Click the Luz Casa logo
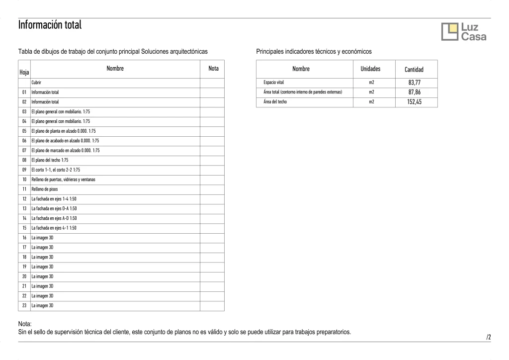(464, 32)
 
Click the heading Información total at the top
(50, 24)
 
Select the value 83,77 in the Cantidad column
(414, 83)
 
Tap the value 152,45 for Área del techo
(414, 102)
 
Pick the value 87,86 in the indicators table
(414, 92)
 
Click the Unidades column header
(370, 69)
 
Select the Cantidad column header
(414, 70)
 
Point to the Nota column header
(213, 69)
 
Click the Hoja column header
(24, 72)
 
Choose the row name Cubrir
(36, 83)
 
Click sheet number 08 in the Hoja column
(24, 160)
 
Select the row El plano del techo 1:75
(50, 160)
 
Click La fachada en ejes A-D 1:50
(54, 218)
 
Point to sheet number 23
(24, 306)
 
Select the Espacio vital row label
(273, 83)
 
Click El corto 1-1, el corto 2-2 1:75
(56, 170)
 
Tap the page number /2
(489, 337)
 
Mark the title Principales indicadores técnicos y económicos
(314, 51)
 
